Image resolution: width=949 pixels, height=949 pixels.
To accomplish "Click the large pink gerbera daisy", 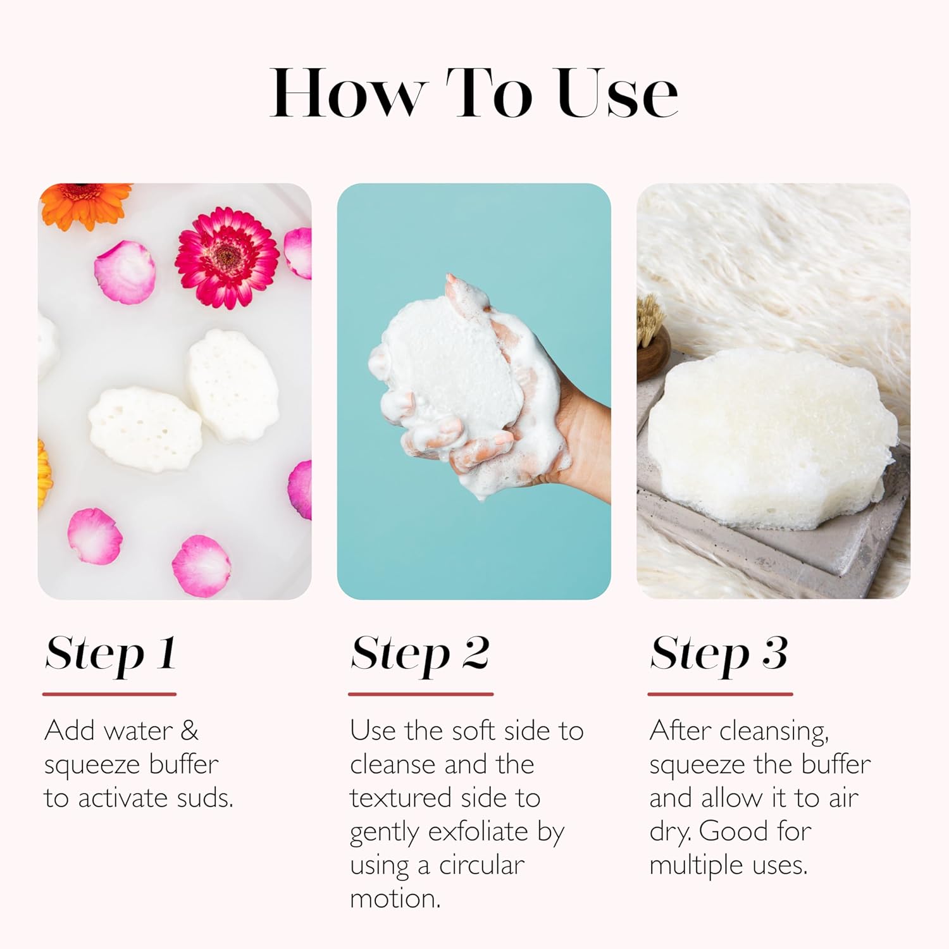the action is click(227, 257).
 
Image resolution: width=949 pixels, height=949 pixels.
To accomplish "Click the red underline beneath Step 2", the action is click(421, 694).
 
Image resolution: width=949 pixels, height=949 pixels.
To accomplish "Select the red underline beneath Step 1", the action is click(109, 694).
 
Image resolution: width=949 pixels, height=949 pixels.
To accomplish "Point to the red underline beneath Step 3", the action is click(720, 694).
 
